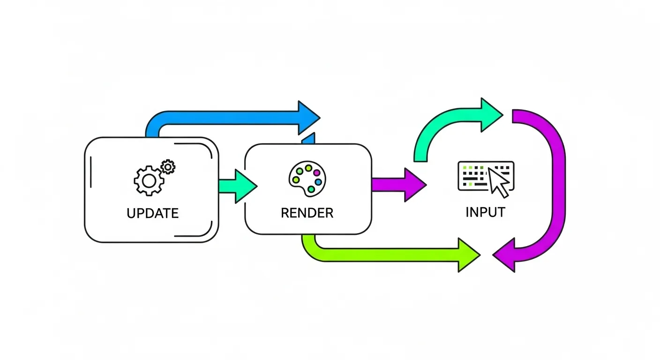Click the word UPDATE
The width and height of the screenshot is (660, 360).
(x=152, y=213)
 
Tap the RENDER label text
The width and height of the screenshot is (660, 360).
(x=307, y=213)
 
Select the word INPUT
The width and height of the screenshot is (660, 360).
(x=485, y=212)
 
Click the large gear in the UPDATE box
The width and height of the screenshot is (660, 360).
(x=148, y=180)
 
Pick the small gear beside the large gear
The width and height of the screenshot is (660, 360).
(x=168, y=166)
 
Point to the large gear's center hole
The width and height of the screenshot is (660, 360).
(x=148, y=180)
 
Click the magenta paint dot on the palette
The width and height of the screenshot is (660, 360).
(x=317, y=172)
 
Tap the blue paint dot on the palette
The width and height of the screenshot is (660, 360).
(x=319, y=181)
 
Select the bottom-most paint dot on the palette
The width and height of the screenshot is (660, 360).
(x=311, y=189)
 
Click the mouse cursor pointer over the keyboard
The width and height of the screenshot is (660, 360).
(x=498, y=182)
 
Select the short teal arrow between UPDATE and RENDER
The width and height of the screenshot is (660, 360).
(x=237, y=186)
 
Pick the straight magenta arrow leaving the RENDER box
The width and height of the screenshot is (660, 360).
(x=398, y=185)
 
